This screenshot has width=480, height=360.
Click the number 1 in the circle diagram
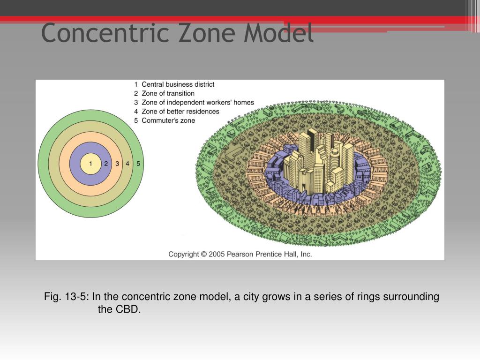tap(91, 164)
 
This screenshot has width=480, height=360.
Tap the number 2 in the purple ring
tap(106, 164)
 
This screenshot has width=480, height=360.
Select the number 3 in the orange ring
tap(117, 164)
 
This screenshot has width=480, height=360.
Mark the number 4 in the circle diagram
tap(127, 164)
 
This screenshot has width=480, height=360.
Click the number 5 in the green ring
tap(138, 164)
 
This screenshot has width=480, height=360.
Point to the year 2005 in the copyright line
tap(217, 254)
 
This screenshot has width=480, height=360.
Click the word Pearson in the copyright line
tap(239, 254)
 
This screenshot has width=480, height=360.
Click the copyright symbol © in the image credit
tap(203, 254)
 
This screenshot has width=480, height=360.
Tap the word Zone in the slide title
tap(197, 33)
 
